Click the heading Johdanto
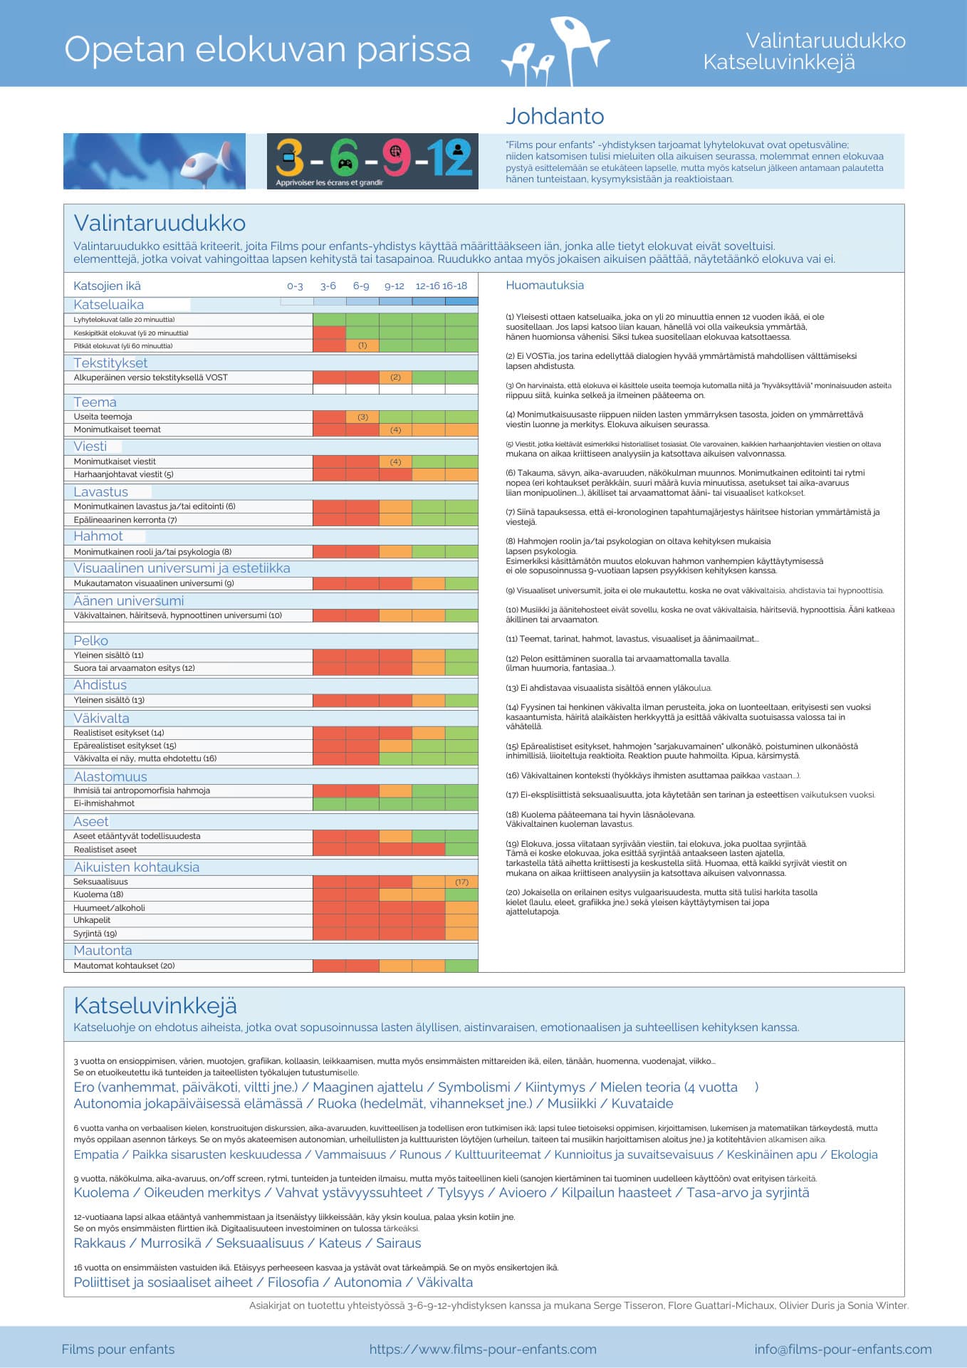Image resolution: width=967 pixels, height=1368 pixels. (x=555, y=116)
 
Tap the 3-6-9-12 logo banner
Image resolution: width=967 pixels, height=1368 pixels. (x=372, y=161)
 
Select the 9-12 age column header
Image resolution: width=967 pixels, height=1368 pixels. (x=394, y=286)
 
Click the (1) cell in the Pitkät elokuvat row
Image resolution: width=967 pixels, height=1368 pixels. (x=362, y=346)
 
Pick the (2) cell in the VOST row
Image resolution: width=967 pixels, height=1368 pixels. (x=396, y=377)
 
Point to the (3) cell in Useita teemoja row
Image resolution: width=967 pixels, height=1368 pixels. (x=362, y=417)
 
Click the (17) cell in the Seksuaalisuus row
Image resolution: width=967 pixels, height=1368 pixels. (x=462, y=882)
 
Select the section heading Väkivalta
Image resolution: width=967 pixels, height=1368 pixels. (x=101, y=718)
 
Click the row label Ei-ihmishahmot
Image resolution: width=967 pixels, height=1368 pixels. (x=104, y=803)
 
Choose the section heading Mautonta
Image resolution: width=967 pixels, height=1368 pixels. (x=103, y=951)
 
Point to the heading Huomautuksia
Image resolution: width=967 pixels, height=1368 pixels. (x=545, y=286)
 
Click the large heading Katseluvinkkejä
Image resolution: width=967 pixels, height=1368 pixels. (x=155, y=1006)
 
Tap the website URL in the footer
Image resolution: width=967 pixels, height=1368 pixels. (x=483, y=1349)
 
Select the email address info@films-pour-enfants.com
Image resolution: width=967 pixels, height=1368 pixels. (x=843, y=1349)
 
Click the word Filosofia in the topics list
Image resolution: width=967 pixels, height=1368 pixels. (x=293, y=1282)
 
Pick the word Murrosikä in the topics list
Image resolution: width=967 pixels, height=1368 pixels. (x=171, y=1243)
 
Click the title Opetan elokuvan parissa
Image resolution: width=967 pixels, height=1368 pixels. (x=267, y=50)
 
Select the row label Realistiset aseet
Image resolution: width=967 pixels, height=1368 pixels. (x=105, y=850)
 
